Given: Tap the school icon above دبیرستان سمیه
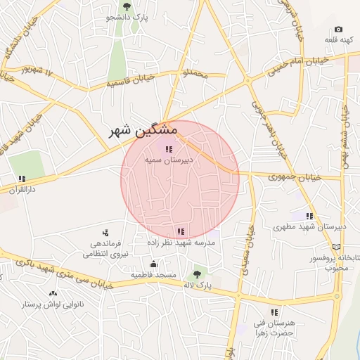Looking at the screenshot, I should [168, 148].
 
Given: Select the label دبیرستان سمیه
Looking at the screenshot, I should [168, 160].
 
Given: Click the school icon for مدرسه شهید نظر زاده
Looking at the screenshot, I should [181, 231].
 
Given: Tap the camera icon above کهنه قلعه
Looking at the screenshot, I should [338, 30].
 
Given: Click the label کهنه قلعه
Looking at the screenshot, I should [338, 40].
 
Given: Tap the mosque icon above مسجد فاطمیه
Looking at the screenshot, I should [153, 264].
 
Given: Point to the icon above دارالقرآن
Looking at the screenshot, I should [22, 179].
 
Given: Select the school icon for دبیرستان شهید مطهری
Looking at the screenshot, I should [309, 216].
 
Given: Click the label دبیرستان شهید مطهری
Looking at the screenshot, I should [309, 227].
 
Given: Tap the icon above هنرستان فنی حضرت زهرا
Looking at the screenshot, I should [274, 311].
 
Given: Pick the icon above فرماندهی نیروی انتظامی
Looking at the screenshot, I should [105, 232].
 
